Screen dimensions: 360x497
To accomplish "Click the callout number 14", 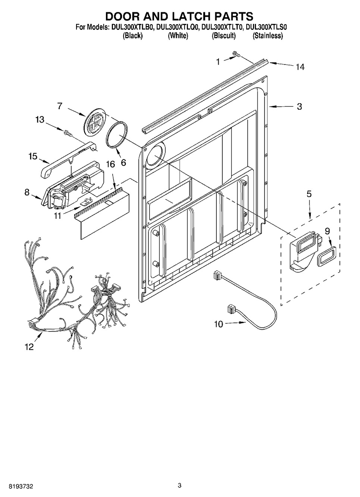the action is point(300,67).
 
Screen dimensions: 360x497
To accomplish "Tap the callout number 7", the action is point(60,106).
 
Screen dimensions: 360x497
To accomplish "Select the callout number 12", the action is point(29,347).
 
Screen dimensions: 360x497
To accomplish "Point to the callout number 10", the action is point(218,324).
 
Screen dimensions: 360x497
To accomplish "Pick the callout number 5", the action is point(309,194).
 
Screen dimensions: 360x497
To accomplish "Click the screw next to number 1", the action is point(235,54).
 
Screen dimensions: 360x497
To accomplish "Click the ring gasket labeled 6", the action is point(117,134).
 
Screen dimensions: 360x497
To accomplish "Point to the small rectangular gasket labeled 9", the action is point(326,256).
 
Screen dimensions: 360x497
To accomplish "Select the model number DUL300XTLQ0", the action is point(177,27).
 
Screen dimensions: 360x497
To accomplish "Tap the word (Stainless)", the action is point(268,35).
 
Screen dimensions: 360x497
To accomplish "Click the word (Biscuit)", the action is point(224,35).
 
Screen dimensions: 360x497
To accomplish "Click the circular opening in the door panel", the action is point(155,155).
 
